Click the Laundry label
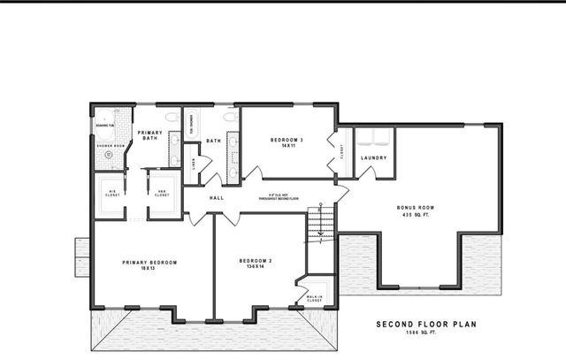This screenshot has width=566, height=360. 374,158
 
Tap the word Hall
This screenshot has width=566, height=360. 217,198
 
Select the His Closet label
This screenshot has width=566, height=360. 111,193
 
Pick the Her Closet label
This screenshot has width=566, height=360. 163,193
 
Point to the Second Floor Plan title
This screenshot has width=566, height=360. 425,324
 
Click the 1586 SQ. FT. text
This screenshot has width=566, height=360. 425,333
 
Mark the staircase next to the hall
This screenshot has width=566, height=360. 321,222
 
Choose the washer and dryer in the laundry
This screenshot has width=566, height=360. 374,137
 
